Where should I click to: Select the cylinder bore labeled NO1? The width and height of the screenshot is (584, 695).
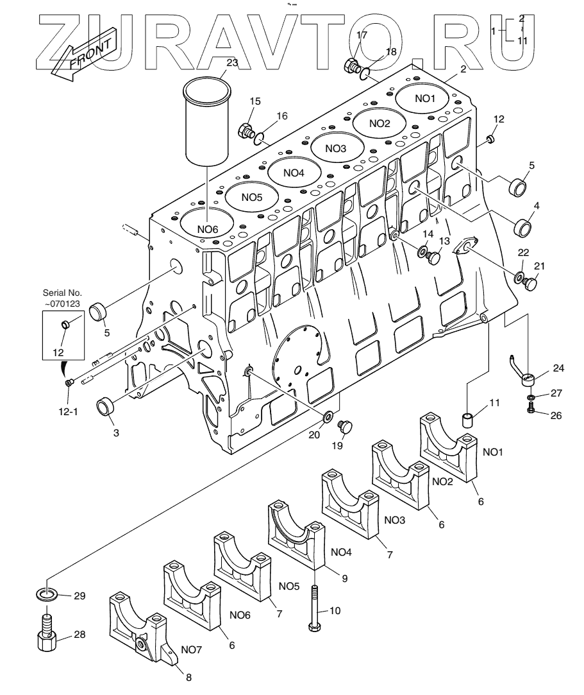424,98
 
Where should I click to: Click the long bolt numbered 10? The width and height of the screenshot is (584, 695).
315,607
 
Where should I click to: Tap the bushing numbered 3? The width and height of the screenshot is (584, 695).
106,408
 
